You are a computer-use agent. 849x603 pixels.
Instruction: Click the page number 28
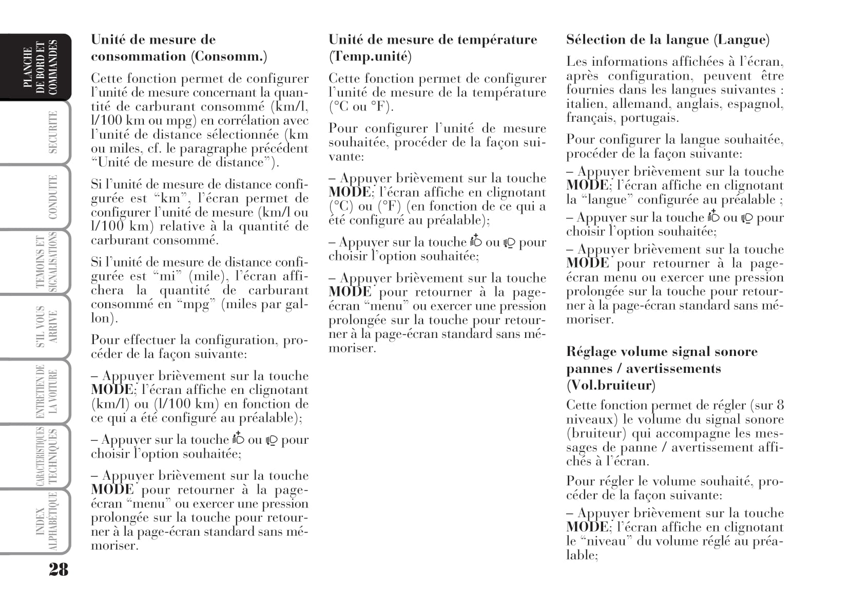(x=58, y=569)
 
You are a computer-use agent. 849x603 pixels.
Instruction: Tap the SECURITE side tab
(x=52, y=132)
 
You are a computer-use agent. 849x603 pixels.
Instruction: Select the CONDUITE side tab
(x=52, y=197)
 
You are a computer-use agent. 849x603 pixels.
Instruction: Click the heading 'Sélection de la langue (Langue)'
(x=668, y=40)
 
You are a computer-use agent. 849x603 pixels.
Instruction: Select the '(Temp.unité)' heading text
(x=370, y=56)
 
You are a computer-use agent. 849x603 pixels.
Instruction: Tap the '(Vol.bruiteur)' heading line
(x=611, y=385)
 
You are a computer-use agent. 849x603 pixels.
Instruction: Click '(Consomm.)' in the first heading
(x=229, y=56)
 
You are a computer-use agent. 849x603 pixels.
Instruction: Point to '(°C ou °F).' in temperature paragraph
(x=360, y=107)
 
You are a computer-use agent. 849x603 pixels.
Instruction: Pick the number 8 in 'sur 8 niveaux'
(x=780, y=405)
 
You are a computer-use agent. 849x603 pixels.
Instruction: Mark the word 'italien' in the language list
(x=585, y=104)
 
